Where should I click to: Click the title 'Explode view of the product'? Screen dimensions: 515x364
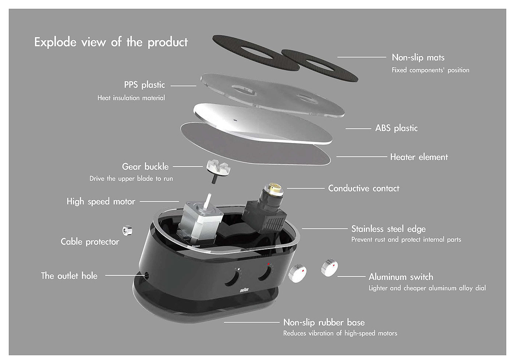point(111,42)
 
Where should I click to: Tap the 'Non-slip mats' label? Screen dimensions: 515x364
point(418,57)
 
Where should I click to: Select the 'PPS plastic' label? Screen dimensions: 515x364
point(144,85)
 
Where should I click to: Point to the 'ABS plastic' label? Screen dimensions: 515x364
point(396,128)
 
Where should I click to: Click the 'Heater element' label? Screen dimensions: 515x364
point(419,157)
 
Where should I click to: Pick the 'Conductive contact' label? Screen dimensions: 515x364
point(363,188)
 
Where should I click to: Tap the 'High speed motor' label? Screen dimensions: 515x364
point(101,201)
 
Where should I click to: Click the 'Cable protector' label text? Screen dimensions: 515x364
point(90,242)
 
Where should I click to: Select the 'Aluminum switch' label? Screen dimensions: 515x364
point(401,277)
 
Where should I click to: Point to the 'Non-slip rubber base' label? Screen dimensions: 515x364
point(324,322)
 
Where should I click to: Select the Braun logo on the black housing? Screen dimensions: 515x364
point(244,290)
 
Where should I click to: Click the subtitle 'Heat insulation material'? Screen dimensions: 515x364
point(131,98)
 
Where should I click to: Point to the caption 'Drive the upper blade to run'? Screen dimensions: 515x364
point(131,179)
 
